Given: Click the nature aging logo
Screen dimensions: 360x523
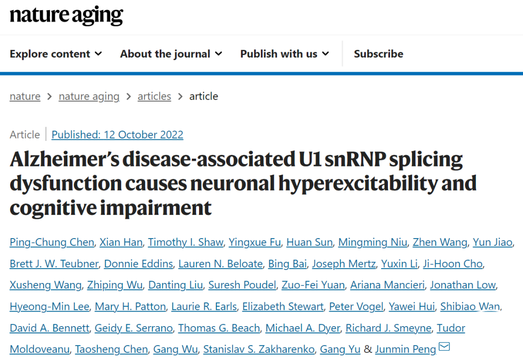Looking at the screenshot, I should pyautogui.click(x=66, y=15).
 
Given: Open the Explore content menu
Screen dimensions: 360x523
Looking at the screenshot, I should pyautogui.click(x=55, y=54).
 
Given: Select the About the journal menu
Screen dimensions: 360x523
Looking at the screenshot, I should pyautogui.click(x=170, y=54).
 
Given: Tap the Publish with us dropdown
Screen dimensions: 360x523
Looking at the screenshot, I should pyautogui.click(x=284, y=54).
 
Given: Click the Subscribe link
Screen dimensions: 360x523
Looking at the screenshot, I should pyautogui.click(x=378, y=54).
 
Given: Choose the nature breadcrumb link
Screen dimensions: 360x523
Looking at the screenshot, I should pyautogui.click(x=25, y=96).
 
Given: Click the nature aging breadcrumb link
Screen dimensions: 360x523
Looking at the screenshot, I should pyautogui.click(x=89, y=96).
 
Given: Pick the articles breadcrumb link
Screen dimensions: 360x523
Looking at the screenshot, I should pyautogui.click(x=154, y=96).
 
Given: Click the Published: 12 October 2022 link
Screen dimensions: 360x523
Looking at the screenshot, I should pyautogui.click(x=117, y=135).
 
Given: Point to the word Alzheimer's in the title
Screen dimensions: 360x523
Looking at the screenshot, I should pyautogui.click(x=60, y=159).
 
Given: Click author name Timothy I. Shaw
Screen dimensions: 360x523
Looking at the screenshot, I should pyautogui.click(x=185, y=242).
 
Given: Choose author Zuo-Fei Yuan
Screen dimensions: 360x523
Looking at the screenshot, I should pyautogui.click(x=313, y=285).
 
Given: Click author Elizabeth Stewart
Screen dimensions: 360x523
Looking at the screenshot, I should pyautogui.click(x=282, y=306).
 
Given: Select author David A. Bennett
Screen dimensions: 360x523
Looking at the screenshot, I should pyautogui.click(x=49, y=328).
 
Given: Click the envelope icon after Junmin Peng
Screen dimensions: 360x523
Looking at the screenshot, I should pyautogui.click(x=444, y=346).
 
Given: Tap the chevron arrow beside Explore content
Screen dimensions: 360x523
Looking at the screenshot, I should pyautogui.click(x=98, y=54).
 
